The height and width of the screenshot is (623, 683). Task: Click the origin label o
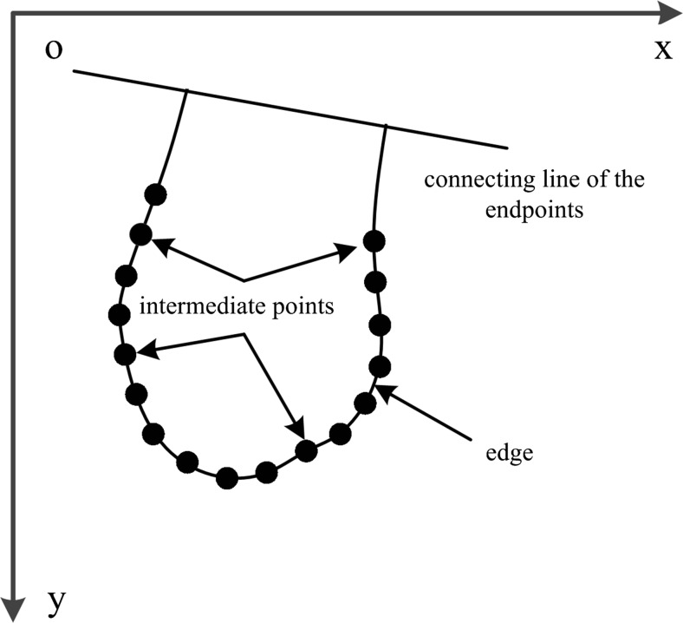click(x=54, y=50)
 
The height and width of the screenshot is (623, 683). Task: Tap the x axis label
click(x=662, y=49)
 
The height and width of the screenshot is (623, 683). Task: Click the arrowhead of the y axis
click(x=14, y=609)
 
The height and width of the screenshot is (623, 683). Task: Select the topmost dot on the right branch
click(x=374, y=239)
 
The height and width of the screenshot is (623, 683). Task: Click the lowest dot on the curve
click(x=227, y=476)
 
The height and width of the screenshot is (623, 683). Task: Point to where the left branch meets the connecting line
click(x=186, y=89)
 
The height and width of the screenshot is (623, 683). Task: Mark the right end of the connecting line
click(x=505, y=148)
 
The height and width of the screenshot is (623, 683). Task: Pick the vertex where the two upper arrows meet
click(x=245, y=280)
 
